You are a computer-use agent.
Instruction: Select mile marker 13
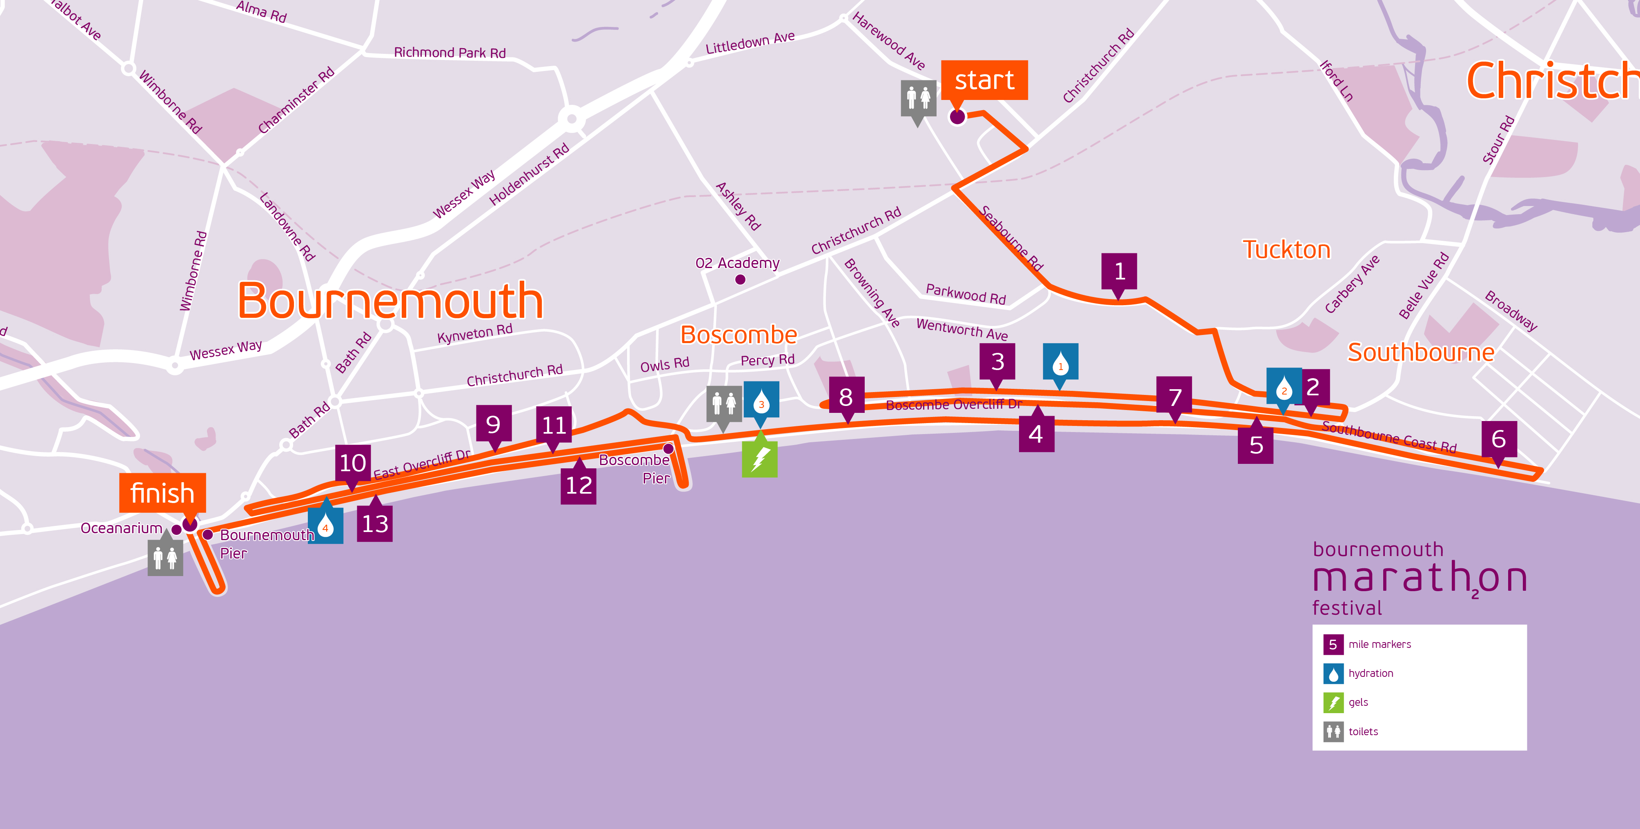[374, 523]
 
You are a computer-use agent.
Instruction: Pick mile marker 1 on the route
[1119, 272]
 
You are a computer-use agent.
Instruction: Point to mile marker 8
[846, 397]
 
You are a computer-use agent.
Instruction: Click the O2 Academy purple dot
[740, 279]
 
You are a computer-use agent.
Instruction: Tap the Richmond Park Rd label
[449, 53]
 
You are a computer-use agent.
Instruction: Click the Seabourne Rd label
[1010, 239]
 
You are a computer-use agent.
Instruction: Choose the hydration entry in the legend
[1370, 673]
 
